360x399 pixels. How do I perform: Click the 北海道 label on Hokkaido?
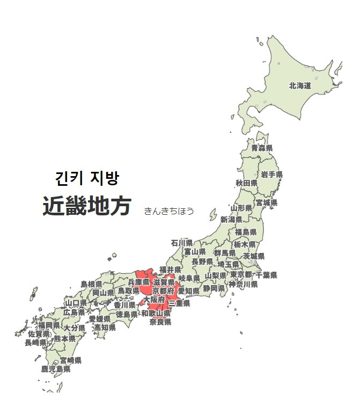(300, 85)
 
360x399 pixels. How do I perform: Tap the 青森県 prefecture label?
(262, 148)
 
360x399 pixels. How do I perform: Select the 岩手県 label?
(272, 175)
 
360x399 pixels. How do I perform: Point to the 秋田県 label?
(246, 183)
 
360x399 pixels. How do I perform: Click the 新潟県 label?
(231, 220)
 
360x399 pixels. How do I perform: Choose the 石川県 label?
(182, 242)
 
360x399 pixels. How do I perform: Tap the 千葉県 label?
(266, 275)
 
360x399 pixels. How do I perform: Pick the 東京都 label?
(241, 275)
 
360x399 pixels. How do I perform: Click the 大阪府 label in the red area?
(154, 300)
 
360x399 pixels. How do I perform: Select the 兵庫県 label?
(138, 282)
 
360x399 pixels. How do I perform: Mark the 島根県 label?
(91, 284)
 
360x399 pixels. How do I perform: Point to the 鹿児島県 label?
(56, 369)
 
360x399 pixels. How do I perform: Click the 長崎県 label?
(35, 342)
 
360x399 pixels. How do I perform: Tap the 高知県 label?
(105, 327)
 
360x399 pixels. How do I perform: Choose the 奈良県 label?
(160, 322)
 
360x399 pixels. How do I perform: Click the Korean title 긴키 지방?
(87, 178)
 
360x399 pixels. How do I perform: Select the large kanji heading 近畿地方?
(87, 206)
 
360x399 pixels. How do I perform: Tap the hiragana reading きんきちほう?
(168, 211)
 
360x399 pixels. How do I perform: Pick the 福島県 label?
(246, 232)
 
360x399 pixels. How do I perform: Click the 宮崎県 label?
(70, 360)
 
